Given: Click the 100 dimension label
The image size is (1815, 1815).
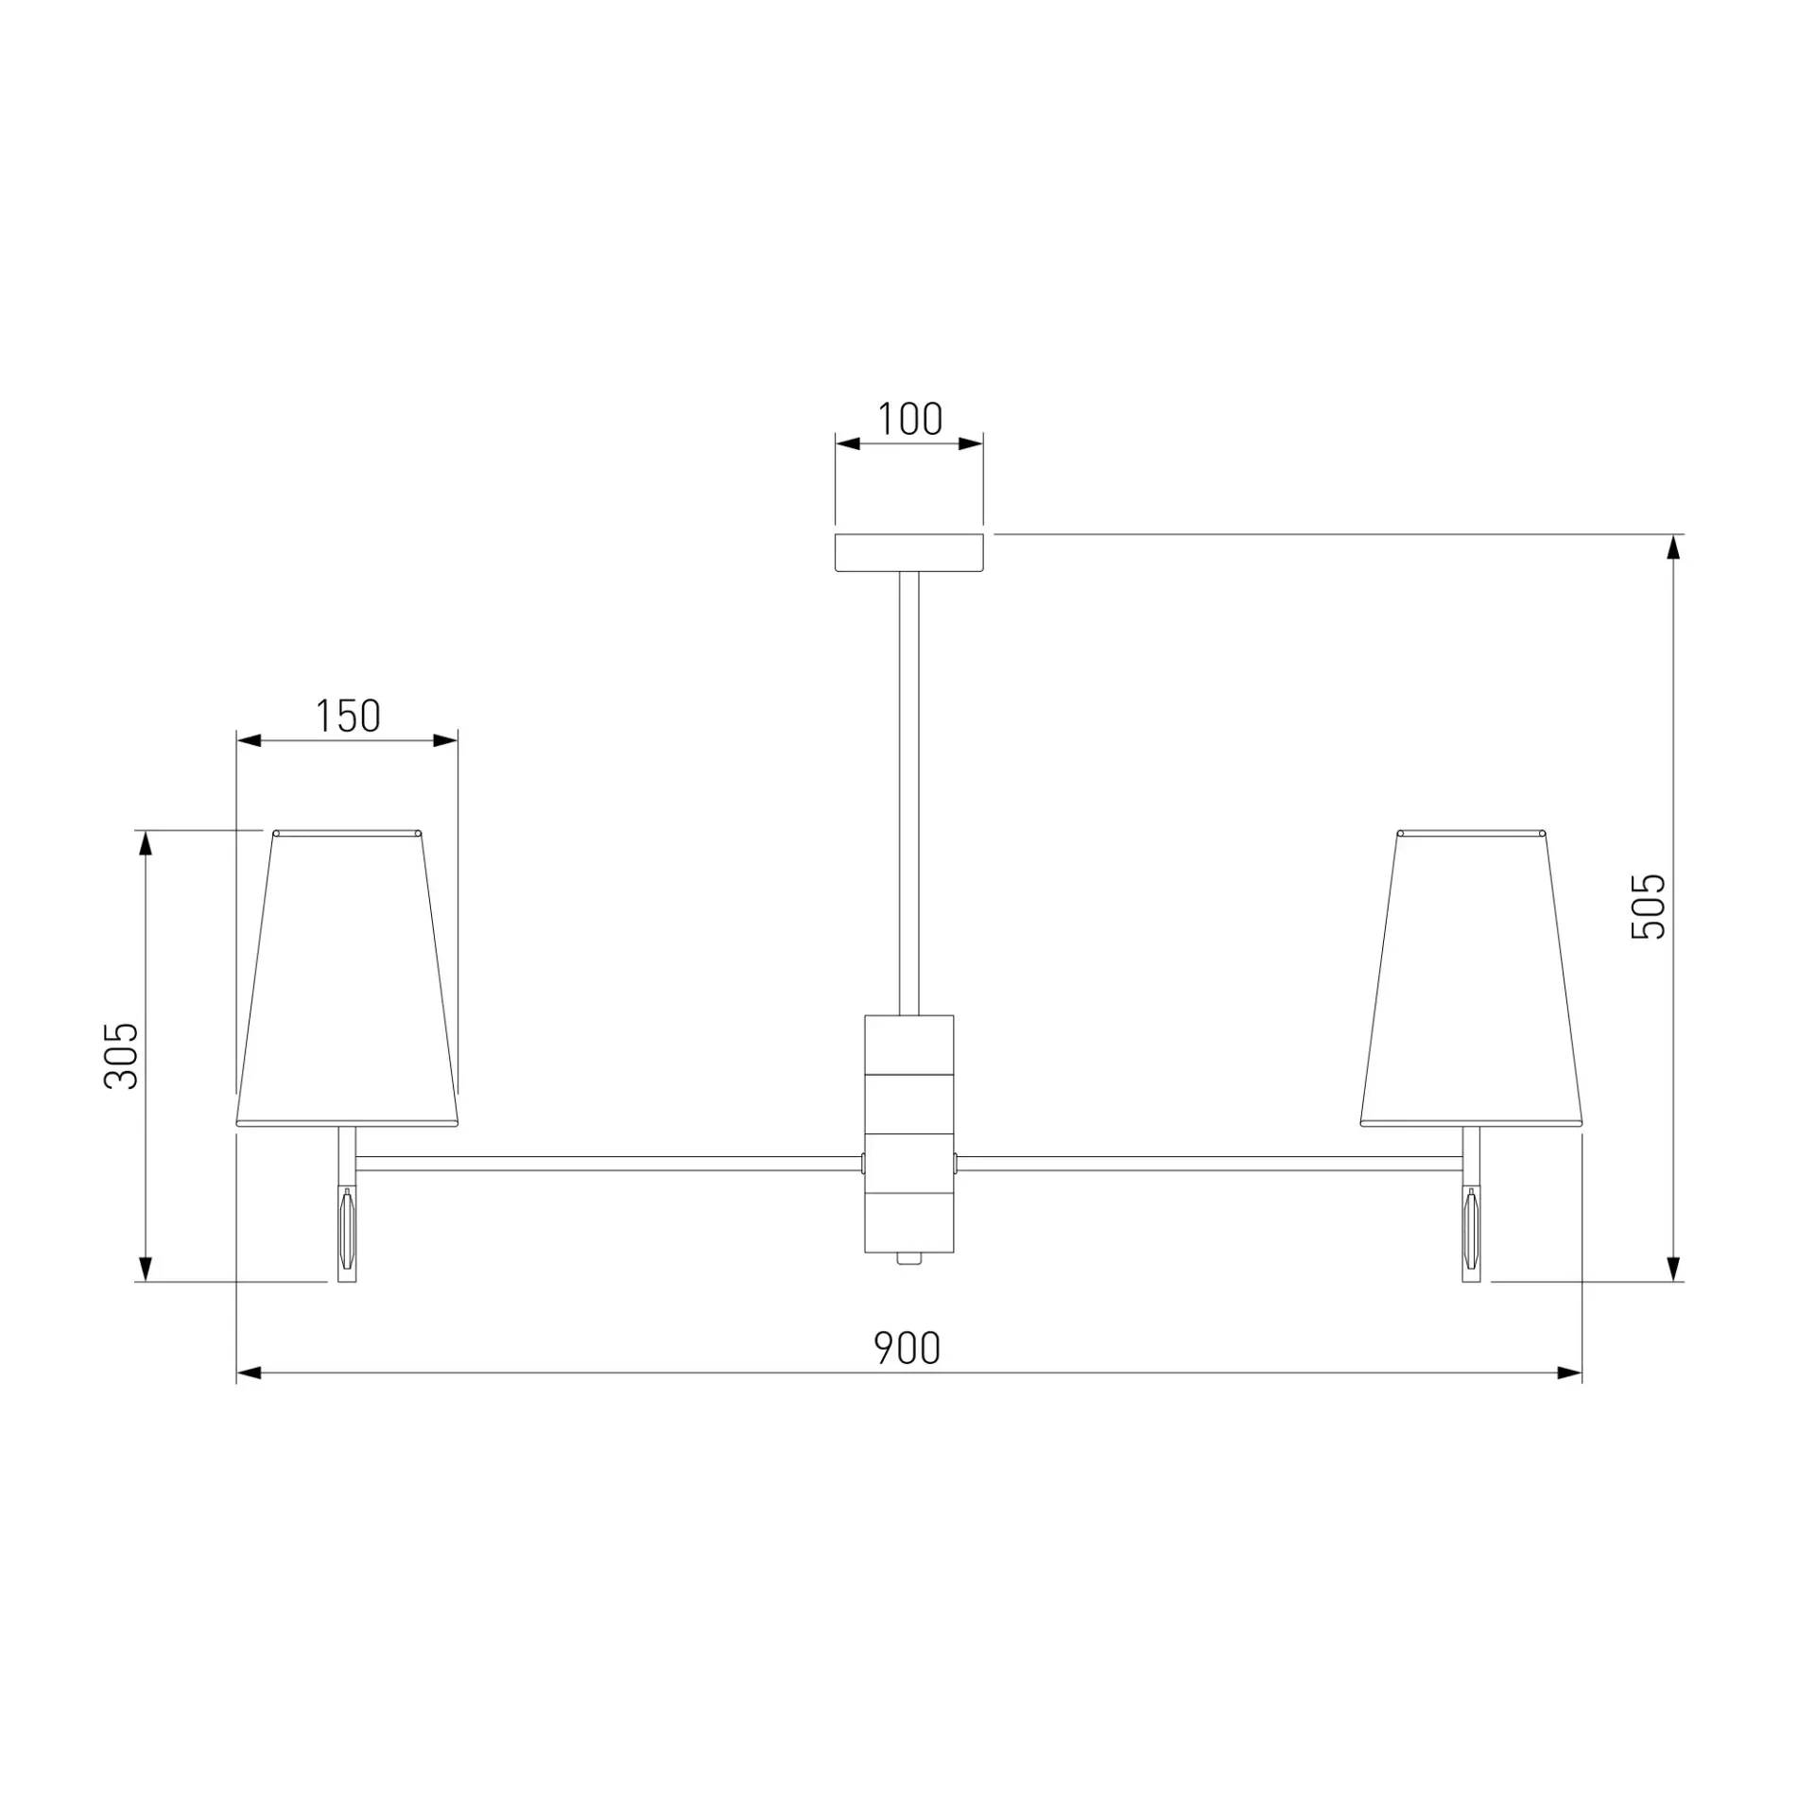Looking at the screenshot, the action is tap(909, 419).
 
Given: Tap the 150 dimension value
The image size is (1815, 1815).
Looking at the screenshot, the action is tap(348, 716).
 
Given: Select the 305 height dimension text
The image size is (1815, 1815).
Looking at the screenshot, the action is tap(121, 1056).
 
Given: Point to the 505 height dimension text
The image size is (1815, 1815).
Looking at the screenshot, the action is tap(1649, 906).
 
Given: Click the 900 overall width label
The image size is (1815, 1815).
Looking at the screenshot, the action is tap(907, 1348).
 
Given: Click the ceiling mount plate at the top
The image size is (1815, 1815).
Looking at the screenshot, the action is tap(909, 553).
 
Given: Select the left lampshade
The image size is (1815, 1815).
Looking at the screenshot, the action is tap(347, 978).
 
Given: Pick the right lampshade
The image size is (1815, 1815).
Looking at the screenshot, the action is tap(1471, 978).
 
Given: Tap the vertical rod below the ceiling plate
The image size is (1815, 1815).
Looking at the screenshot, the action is tap(909, 793).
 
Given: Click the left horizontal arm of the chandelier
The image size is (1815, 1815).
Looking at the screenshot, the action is tap(610, 1163).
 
